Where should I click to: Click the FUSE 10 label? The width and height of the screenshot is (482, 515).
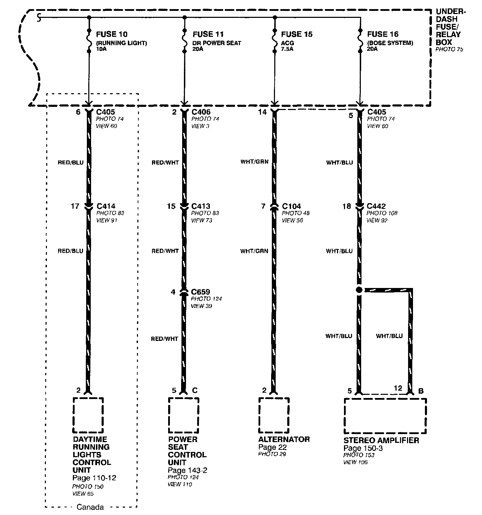coord(111,34)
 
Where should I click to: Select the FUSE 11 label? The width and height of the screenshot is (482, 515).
coord(208,34)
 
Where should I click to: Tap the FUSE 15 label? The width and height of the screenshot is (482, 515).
coord(297,34)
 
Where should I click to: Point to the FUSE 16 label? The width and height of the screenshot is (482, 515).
coord(383,34)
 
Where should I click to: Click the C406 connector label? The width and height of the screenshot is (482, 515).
coord(201,112)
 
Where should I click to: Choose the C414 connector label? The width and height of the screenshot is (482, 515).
coord(105,206)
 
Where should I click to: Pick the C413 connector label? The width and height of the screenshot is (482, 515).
coord(201,206)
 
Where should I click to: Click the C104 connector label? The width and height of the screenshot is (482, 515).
coord(291,206)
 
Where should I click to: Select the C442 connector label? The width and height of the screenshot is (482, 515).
coord(376,206)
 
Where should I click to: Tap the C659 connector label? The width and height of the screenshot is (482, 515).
coord(201,292)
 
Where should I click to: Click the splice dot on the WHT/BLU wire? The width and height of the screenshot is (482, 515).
coord(359,290)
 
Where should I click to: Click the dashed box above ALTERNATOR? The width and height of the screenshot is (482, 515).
coord(274,415)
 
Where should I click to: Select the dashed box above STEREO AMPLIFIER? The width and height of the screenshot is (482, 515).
coord(385,416)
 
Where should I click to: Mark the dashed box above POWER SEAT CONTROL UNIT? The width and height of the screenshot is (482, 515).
coord(183,415)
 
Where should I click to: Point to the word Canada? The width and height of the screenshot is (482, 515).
coord(90,507)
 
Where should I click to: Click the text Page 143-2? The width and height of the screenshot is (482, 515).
coord(187,470)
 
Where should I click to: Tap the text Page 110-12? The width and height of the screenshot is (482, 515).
coord(94,478)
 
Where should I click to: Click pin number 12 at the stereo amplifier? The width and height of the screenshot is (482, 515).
coord(398,388)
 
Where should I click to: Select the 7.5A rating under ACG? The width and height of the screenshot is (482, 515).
coord(287,49)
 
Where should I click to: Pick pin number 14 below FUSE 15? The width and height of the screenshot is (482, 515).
coord(262,112)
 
